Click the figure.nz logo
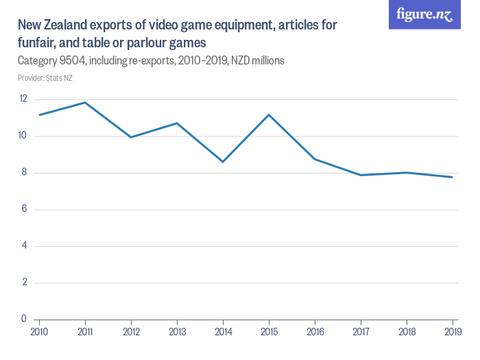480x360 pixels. coord(424,14)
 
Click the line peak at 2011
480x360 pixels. coord(85,102)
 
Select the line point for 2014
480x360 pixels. coord(223,162)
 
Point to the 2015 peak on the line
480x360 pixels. coord(269,115)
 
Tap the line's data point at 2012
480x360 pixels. coord(131,137)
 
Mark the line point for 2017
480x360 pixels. coord(361,175)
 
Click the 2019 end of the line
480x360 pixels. coord(453,177)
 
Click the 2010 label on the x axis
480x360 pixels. coord(39,332)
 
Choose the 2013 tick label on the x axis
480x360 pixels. coord(177,332)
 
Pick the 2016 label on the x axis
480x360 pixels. coord(315,332)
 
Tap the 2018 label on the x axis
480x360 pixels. coord(407,332)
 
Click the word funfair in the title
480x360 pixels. coord(38,43)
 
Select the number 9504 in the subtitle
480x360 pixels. coord(72,61)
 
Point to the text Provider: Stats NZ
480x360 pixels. coord(45,78)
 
